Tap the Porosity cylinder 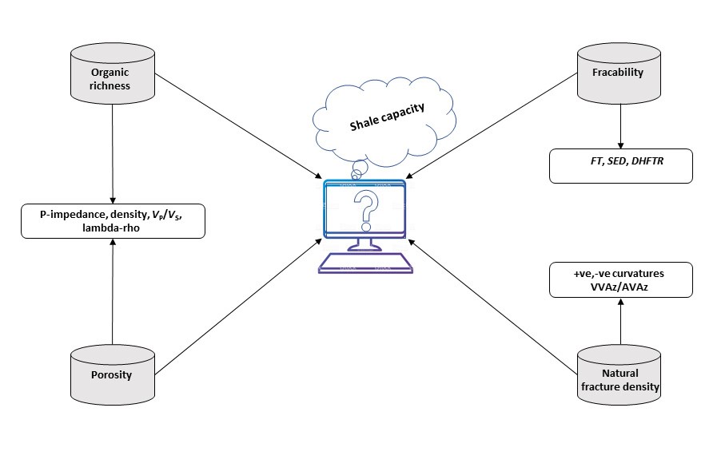coord(112,374)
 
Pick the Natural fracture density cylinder coord(620,374)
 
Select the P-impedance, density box coord(112,221)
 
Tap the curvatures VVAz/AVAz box coord(620,279)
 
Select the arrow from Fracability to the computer coord(492,125)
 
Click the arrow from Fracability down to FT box coord(620,124)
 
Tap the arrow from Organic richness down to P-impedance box coord(113,152)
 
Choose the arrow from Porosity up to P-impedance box coord(113,291)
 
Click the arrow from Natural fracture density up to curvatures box coord(620,323)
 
